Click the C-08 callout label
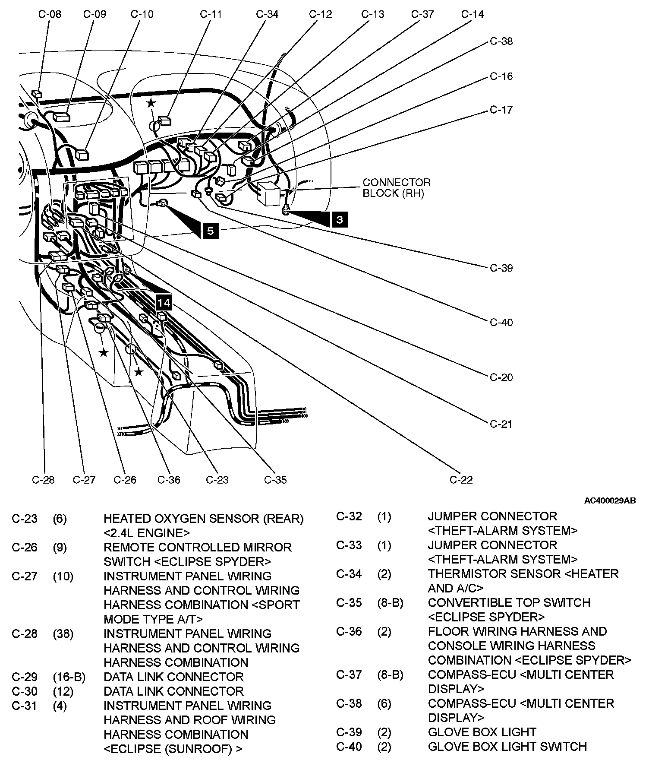click(x=50, y=14)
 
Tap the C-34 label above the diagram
click(x=267, y=14)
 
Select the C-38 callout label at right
click(x=501, y=41)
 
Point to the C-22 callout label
click(x=461, y=480)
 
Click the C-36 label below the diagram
click(x=169, y=480)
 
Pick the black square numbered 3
click(x=340, y=220)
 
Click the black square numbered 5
click(x=210, y=231)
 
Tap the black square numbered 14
click(x=164, y=303)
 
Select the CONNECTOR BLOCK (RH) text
click(x=397, y=188)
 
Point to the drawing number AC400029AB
click(x=610, y=501)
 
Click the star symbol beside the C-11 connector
click(x=151, y=103)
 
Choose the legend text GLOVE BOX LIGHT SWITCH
click(x=507, y=746)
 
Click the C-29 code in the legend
click(x=25, y=677)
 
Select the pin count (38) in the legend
click(x=63, y=633)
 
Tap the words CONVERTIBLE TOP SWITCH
click(x=509, y=602)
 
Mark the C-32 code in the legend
click(x=349, y=516)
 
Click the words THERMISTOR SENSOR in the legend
click(x=494, y=574)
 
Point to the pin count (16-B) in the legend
click(x=69, y=677)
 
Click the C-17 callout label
click(x=501, y=110)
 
